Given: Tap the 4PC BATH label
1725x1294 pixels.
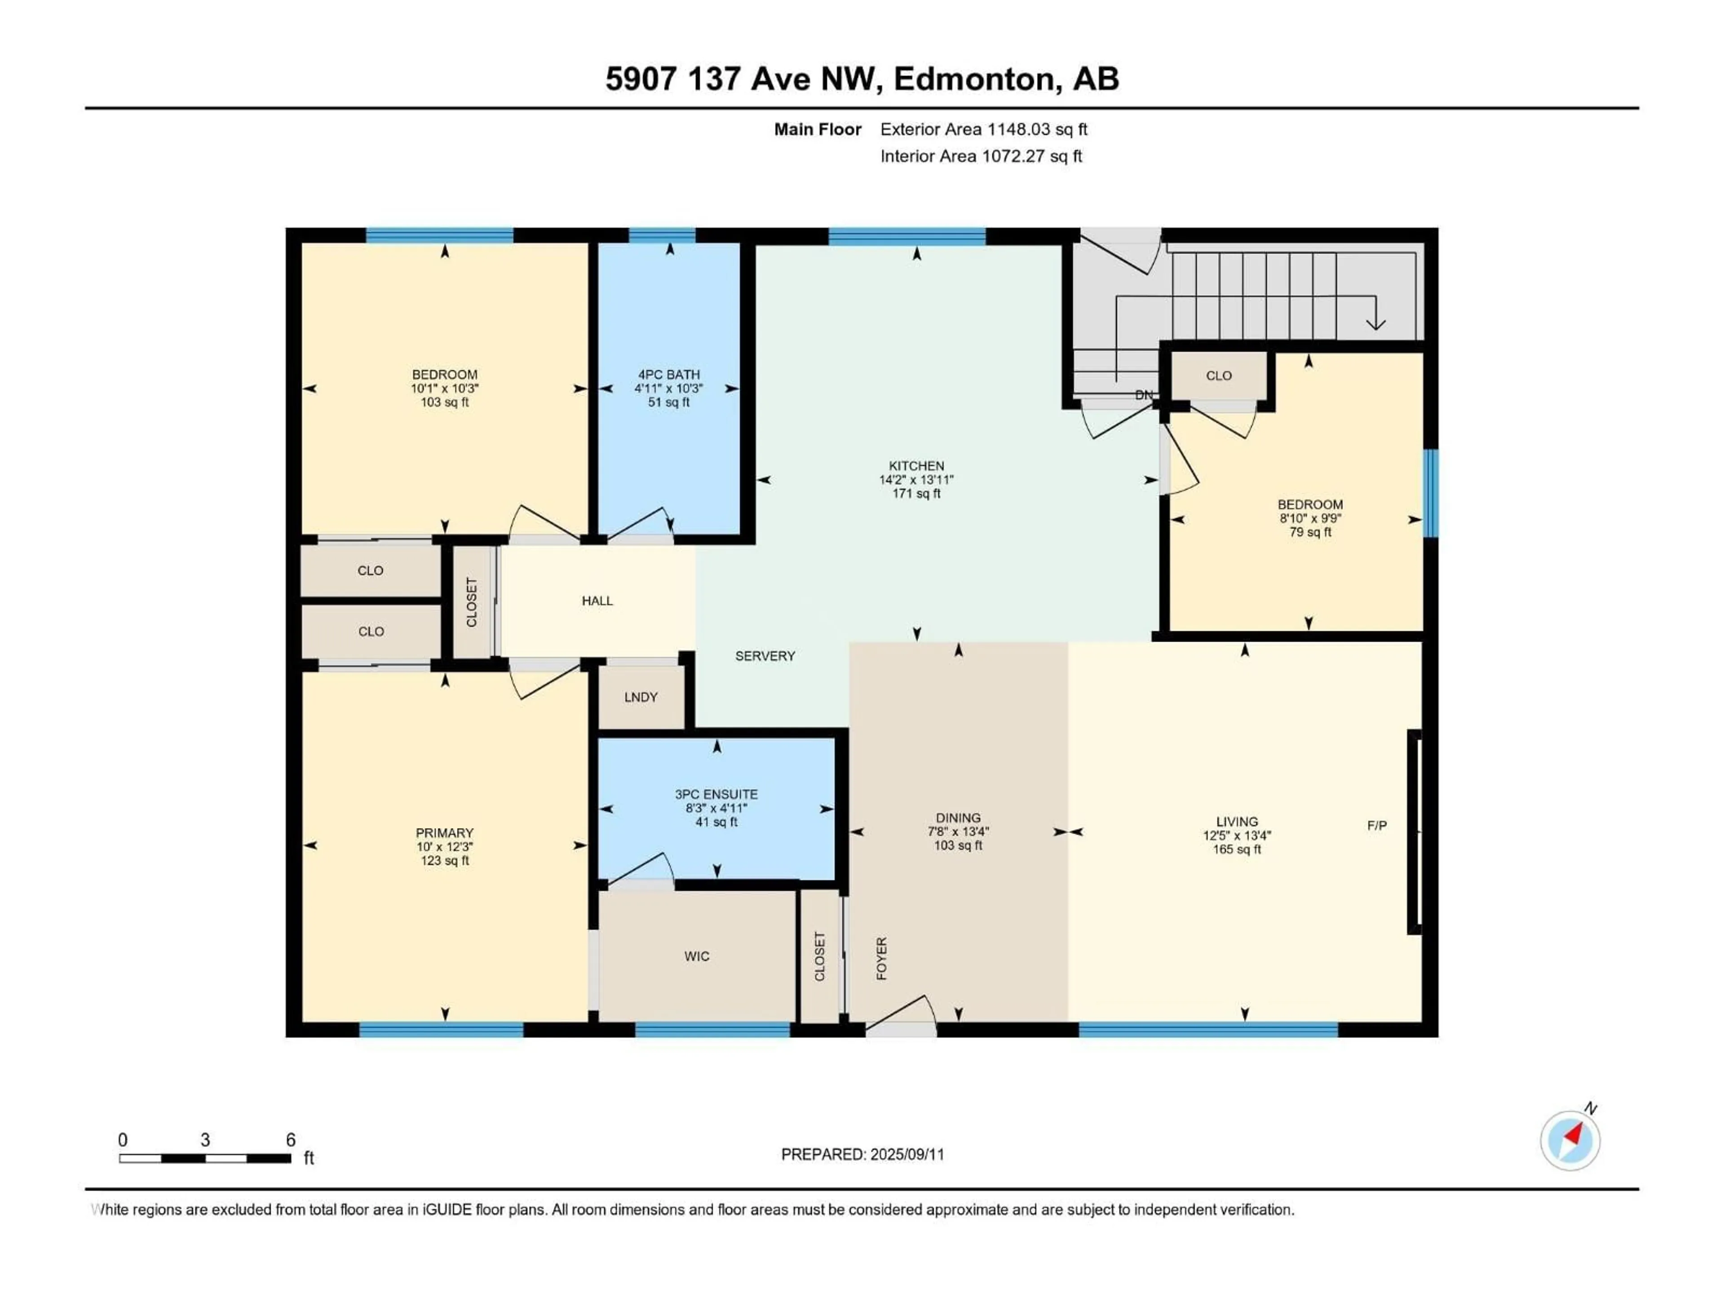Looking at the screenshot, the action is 668,374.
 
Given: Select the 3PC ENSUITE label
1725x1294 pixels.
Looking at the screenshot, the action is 716,794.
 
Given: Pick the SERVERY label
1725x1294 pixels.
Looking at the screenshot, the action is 765,656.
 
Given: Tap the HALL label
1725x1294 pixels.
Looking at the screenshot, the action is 597,601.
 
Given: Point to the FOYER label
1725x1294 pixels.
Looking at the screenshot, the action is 882,959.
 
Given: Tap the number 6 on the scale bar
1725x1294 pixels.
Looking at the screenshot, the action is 291,1139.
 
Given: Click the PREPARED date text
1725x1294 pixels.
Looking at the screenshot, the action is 862,1154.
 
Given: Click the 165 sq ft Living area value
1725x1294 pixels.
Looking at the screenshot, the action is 1237,849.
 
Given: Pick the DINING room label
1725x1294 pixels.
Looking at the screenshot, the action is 959,818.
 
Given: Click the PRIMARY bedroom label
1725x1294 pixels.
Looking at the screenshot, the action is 445,833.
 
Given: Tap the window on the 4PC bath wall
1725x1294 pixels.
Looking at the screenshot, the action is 662,235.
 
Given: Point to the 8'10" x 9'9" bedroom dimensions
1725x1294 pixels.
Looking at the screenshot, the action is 1310,518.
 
